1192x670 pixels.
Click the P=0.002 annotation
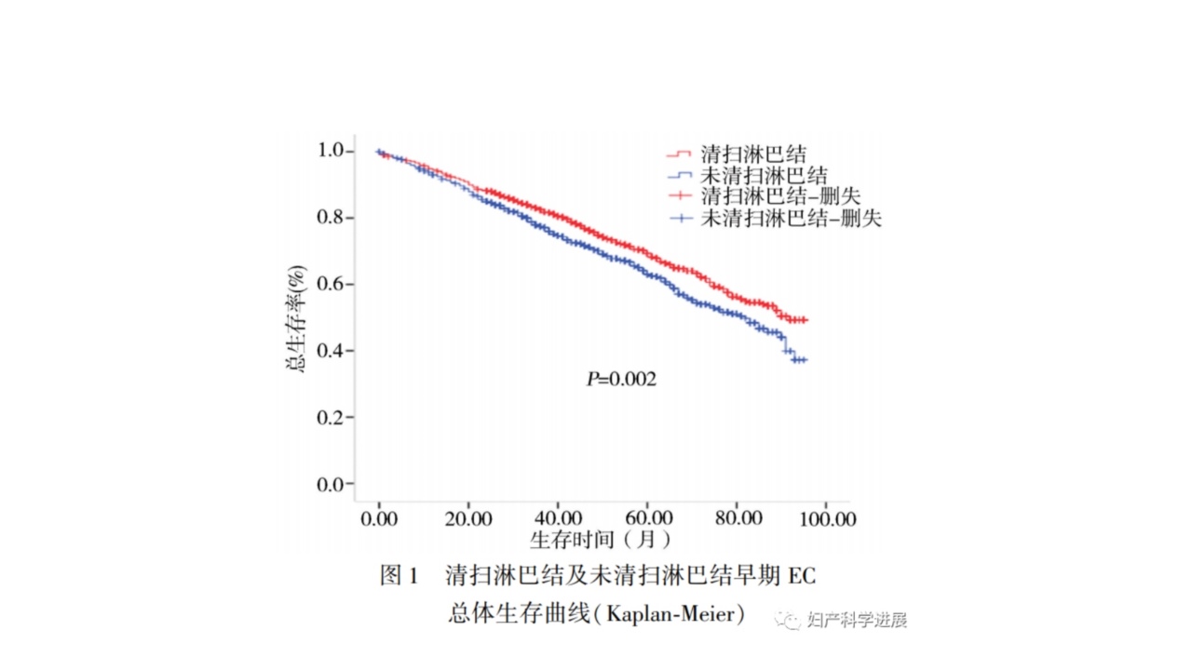pos(621,380)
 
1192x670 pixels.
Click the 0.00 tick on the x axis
pos(379,517)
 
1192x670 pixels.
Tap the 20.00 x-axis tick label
pos(468,517)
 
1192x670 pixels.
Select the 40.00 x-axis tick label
pos(558,517)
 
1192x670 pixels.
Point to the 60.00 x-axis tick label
pos(648,517)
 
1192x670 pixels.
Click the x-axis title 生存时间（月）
pos(600,539)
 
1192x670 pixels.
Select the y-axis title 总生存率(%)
pos(296,319)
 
